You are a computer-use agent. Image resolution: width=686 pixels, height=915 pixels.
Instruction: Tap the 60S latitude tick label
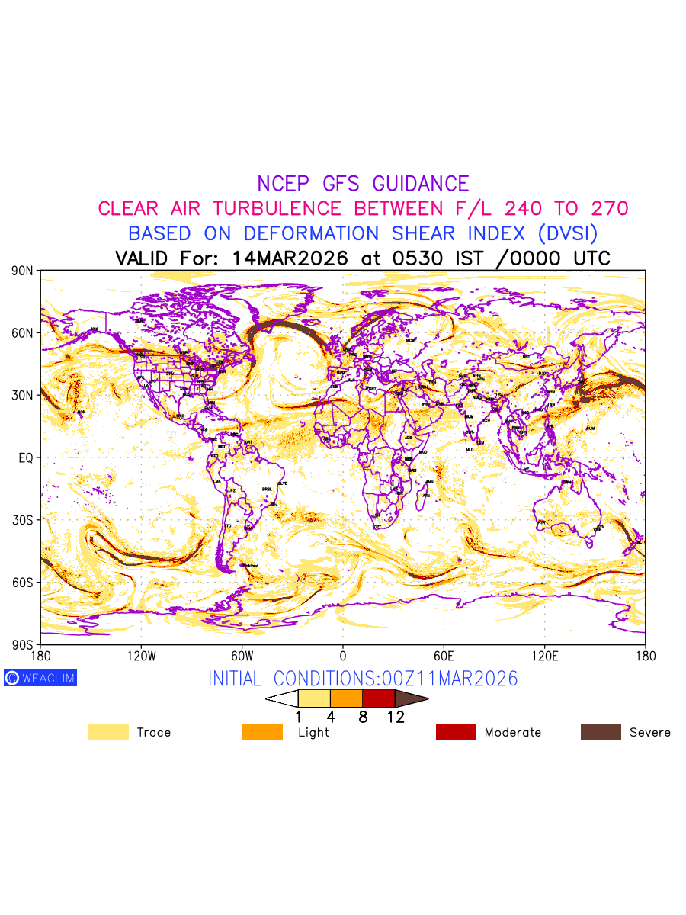tap(24, 583)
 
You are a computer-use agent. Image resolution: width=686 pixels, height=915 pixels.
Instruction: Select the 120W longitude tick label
tap(141, 656)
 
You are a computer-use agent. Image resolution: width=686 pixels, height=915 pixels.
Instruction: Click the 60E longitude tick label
tap(444, 656)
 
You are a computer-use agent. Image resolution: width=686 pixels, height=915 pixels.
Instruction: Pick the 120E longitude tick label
tap(544, 656)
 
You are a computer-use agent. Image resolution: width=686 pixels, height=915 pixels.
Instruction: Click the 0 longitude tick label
tap(342, 656)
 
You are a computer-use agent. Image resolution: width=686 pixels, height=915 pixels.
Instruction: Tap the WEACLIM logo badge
tap(40, 678)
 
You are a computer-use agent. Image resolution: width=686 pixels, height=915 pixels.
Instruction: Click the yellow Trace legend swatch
tap(108, 732)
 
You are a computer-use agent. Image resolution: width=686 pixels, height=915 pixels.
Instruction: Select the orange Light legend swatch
tap(262, 732)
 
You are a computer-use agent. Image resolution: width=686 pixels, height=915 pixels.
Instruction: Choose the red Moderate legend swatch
tap(456, 732)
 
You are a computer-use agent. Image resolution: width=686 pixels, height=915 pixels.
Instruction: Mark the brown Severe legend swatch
tap(601, 732)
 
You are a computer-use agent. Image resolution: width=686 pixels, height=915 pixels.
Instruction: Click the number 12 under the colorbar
tap(395, 717)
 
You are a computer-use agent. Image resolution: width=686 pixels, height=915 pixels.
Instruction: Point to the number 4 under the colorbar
tap(331, 717)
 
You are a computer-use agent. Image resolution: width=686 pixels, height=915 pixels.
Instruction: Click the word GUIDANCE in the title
tap(421, 184)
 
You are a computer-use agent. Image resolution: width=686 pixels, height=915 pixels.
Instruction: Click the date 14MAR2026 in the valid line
tap(290, 258)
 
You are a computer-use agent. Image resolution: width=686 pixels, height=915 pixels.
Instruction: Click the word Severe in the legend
tap(650, 732)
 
